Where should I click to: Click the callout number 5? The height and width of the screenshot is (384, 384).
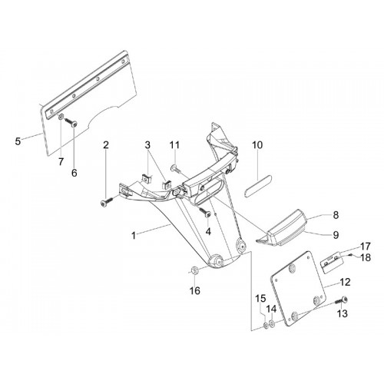pyautogui.click(x=18, y=141)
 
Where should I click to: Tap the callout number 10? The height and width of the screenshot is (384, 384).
pyautogui.click(x=257, y=145)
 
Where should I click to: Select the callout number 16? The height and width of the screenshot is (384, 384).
pyautogui.click(x=195, y=290)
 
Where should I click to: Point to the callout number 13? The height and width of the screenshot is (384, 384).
pyautogui.click(x=343, y=313)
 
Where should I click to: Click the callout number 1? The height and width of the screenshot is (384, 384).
pyautogui.click(x=134, y=236)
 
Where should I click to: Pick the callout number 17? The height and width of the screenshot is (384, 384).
pyautogui.click(x=366, y=247)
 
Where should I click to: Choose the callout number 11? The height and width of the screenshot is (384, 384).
pyautogui.click(x=174, y=145)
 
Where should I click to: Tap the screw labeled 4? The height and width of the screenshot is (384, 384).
pyautogui.click(x=204, y=212)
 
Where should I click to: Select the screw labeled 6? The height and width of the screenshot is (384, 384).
pyautogui.click(x=71, y=122)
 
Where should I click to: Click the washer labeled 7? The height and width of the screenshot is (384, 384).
pyautogui.click(x=61, y=117)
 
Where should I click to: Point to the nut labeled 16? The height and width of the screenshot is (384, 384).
pyautogui.click(x=195, y=271)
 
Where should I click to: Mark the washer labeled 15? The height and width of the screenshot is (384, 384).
pyautogui.click(x=266, y=325)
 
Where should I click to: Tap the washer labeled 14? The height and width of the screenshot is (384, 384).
pyautogui.click(x=273, y=324)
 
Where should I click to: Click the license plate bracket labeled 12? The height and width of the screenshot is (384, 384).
pyautogui.click(x=299, y=289)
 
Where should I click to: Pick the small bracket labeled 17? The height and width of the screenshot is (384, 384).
pyautogui.click(x=332, y=262)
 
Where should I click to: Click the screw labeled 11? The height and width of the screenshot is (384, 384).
pyautogui.click(x=177, y=169)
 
